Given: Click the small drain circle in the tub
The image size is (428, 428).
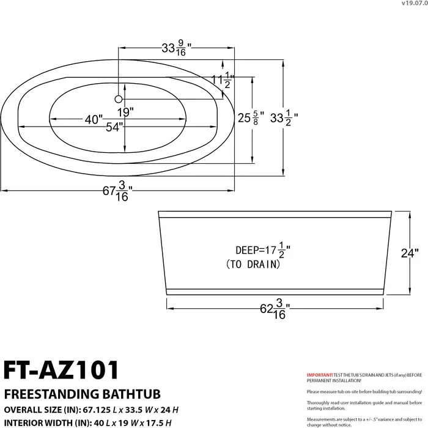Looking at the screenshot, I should pyautogui.click(x=119, y=98).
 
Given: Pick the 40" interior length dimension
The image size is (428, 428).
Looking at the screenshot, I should pyautogui.click(x=93, y=120).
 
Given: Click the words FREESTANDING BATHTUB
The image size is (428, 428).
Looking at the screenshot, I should pyautogui.click(x=68, y=392).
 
